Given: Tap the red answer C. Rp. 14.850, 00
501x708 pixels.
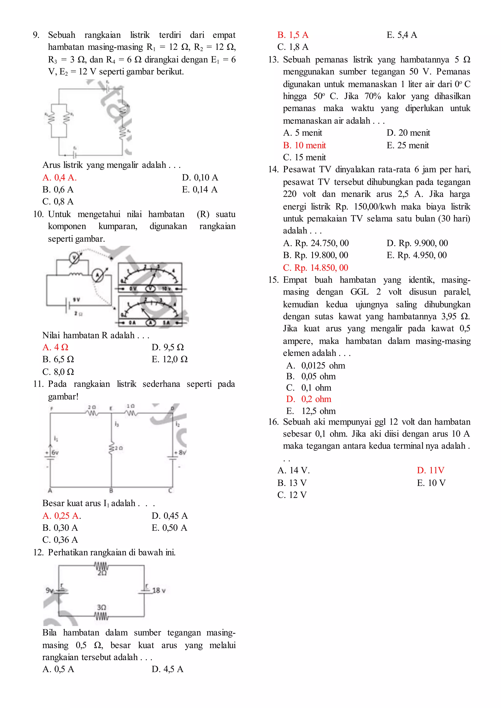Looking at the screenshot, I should (x=315, y=267).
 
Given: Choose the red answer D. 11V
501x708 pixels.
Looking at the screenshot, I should (x=430, y=470).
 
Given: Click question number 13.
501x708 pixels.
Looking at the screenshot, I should (x=273, y=59).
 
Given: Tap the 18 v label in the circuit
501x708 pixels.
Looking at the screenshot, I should (x=159, y=590).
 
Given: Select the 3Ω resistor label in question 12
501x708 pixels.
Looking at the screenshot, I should (x=102, y=607).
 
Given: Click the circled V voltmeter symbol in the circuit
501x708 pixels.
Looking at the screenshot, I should (x=74, y=257).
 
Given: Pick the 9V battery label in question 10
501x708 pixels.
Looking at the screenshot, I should (x=76, y=299).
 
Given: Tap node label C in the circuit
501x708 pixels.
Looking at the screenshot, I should (x=170, y=491).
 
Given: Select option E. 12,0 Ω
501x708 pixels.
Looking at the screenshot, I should (x=169, y=359).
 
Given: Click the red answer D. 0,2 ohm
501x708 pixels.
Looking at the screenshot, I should (x=308, y=399).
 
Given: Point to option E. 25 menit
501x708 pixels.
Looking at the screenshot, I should (x=408, y=145).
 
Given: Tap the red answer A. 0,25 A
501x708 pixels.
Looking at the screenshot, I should (x=61, y=516).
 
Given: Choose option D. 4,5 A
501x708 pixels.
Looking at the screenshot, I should (x=167, y=669).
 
